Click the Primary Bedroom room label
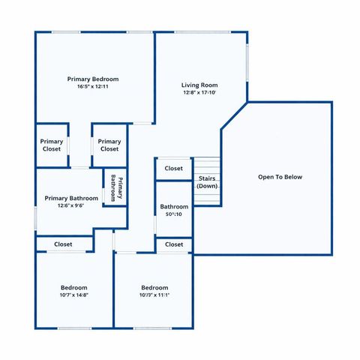pos(93,79)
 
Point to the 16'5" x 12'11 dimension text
pos(93,87)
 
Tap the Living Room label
pos(199,85)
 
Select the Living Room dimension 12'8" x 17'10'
pos(199,93)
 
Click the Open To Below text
pos(280,177)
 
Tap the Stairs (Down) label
pos(208,181)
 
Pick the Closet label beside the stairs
pos(174,169)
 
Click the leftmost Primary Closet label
pos(52,145)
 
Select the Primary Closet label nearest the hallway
pos(109,145)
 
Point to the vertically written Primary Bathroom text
pos(115,187)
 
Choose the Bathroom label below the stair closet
pos(174,206)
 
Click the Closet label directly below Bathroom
pos(174,244)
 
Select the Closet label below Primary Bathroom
pos(63,244)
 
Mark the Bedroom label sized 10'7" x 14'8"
pos(74,287)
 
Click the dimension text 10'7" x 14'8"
pos(74,295)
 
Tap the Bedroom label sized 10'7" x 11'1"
pos(154,287)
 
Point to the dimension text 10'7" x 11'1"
pos(154,295)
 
